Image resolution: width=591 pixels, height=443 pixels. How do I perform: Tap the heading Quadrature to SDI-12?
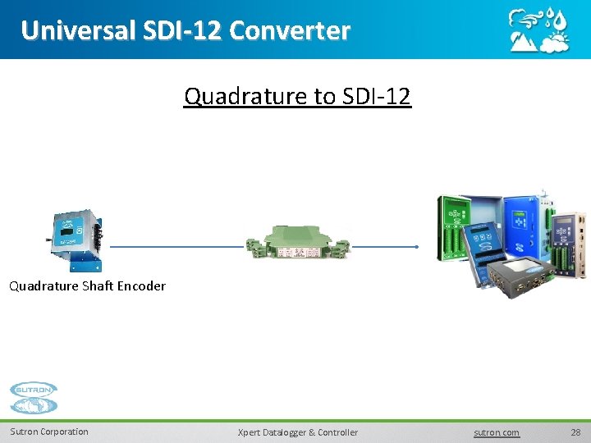coord(297,97)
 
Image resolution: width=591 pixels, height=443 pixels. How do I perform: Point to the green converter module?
coord(298,244)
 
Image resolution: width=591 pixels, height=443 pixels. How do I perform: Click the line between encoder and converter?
coord(176,246)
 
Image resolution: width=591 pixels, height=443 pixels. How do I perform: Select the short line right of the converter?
coord(384,246)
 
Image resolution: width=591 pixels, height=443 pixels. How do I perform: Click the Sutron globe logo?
coord(34,399)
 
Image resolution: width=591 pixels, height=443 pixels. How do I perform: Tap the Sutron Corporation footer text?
coord(49,432)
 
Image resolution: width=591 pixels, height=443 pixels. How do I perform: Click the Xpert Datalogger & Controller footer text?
coord(297,432)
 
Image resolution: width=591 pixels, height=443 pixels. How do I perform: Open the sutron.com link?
coord(497,432)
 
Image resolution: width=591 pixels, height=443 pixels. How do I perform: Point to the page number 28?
coord(575,432)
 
